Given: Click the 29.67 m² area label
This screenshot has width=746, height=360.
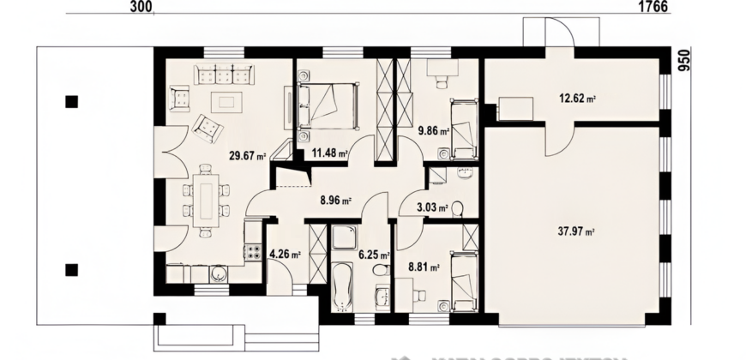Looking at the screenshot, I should (x=248, y=156).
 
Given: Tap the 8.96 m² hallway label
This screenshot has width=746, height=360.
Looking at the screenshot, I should (x=335, y=202).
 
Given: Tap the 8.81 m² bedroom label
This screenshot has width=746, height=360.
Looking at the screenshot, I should (x=424, y=267).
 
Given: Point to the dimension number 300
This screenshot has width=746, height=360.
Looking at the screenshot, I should (x=142, y=7).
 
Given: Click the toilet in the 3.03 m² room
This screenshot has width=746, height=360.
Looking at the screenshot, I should (x=456, y=207).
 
